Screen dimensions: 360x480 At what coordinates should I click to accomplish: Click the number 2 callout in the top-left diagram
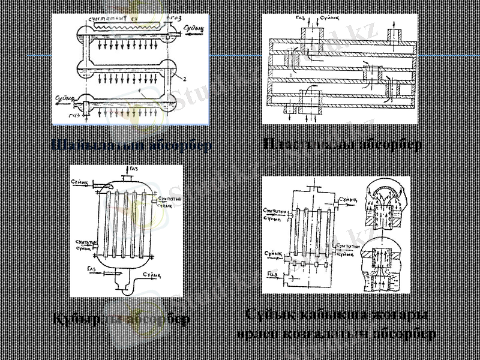186,79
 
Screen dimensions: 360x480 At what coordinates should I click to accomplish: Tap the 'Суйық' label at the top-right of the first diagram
193,28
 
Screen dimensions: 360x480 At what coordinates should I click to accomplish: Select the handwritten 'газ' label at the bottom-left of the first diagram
74,115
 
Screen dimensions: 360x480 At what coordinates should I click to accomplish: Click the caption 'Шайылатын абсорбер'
131,145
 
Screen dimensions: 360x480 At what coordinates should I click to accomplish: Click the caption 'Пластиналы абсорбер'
342,145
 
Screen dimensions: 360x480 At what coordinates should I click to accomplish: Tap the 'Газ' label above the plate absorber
301,19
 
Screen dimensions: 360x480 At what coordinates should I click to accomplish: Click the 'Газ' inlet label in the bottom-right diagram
272,274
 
